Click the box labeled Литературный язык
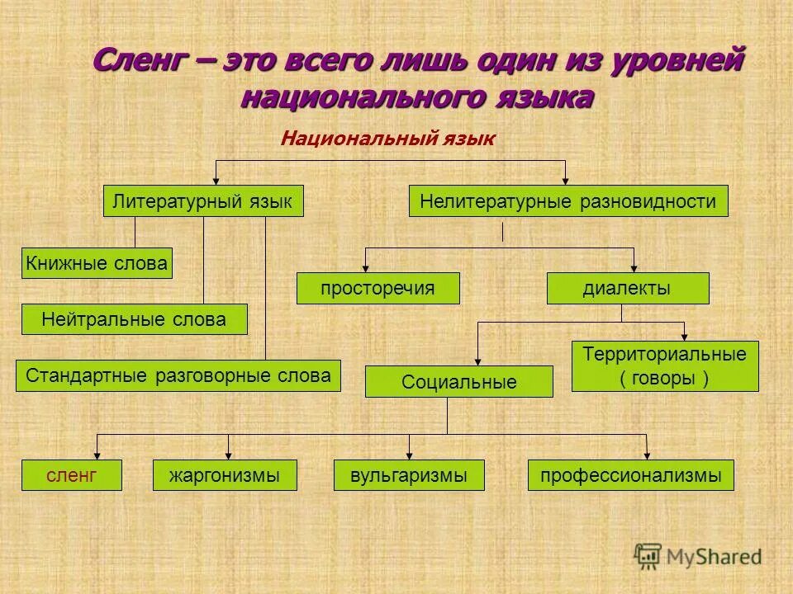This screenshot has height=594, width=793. pos(203,201)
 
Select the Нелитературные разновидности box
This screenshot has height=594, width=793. pos(568,201)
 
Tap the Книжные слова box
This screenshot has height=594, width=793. pos(97,263)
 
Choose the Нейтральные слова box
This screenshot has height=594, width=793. pos(134,319)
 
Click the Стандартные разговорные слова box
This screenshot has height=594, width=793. pos(178,375)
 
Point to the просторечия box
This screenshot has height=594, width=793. pos(378,288)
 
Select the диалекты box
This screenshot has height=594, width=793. pos(628,288)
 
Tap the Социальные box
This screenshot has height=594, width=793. pos(458,382)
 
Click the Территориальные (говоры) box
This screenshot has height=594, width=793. pos(664,366)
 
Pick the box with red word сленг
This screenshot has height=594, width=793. pos(72,475)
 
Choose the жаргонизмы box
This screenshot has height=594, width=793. pos(225,475)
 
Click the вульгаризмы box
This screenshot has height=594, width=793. pos(408,475)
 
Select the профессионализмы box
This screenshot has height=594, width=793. pos(630,475)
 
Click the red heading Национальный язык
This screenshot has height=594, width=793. pos(387,139)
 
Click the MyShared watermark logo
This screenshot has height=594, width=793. pos(698,557)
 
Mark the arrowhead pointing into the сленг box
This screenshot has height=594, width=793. pos(97,455)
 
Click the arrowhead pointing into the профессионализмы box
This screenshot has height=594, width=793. pos(647,455)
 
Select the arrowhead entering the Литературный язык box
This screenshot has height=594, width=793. pos(216,181)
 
